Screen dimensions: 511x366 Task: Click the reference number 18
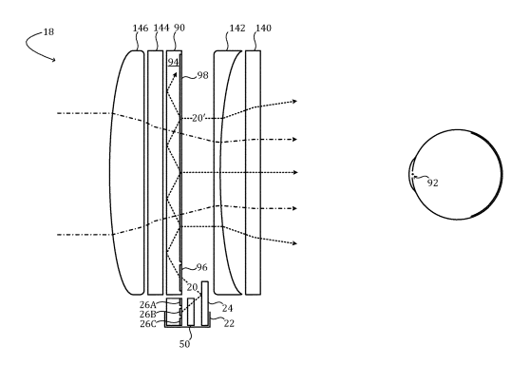(x=48, y=32)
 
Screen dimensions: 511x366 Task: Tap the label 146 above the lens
(x=141, y=29)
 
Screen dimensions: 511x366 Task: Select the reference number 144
(x=161, y=29)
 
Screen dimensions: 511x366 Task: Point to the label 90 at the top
(x=180, y=28)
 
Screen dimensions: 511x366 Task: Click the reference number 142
(x=237, y=29)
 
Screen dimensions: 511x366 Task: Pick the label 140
(x=263, y=29)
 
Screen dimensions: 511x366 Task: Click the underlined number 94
(x=174, y=62)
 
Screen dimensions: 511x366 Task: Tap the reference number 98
(x=202, y=75)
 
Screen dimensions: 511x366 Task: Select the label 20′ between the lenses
(x=199, y=118)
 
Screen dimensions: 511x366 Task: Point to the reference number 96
(x=202, y=267)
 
